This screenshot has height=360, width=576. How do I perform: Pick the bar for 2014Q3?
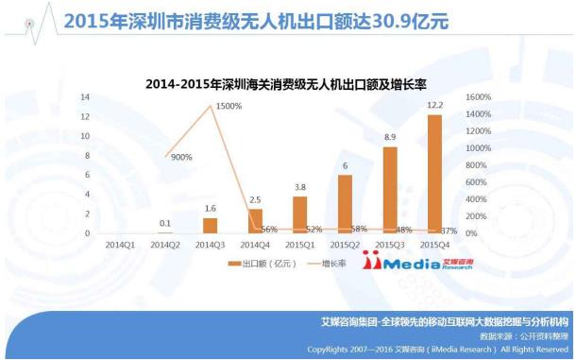coord(210,226)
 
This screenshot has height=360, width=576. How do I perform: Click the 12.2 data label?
coord(433,105)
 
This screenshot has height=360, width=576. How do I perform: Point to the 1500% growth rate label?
coord(229,106)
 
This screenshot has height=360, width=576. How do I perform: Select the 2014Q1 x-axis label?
coord(119,243)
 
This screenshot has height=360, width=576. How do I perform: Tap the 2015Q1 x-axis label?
coord(299,243)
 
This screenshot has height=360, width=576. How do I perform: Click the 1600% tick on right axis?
coord(478,97)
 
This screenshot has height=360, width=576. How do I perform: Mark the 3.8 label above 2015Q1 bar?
coord(299,187)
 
